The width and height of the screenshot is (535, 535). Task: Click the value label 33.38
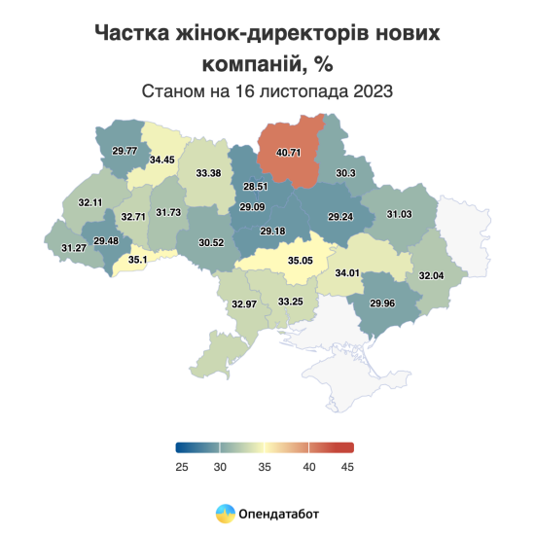tap(209, 172)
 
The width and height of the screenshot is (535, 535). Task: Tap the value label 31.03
tap(400, 214)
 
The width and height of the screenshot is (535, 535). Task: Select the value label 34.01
tap(346, 272)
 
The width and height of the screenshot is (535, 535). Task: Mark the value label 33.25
tap(291, 302)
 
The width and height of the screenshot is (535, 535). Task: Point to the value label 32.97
tap(244, 304)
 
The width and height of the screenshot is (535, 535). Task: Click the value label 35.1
tap(139, 260)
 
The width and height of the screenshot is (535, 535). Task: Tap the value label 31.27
tap(73, 249)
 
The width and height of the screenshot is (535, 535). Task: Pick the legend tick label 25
tap(181, 467)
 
